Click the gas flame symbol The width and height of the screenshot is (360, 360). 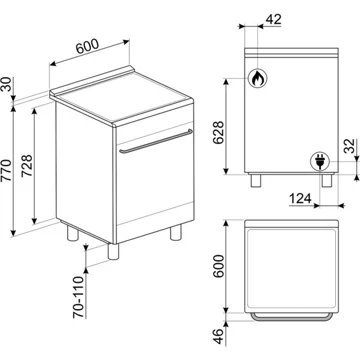(x=257, y=79)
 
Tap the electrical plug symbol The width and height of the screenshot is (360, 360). (x=320, y=162)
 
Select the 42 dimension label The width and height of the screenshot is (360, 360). (x=273, y=20)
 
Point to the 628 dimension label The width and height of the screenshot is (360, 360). (x=219, y=132)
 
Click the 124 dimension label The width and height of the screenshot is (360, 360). (x=300, y=199)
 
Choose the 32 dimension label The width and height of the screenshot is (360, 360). (x=349, y=146)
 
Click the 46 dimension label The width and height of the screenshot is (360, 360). (x=218, y=336)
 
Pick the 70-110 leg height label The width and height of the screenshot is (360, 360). (x=79, y=297)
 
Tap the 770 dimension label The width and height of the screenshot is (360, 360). (x=6, y=171)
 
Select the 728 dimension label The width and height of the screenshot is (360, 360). (x=27, y=166)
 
